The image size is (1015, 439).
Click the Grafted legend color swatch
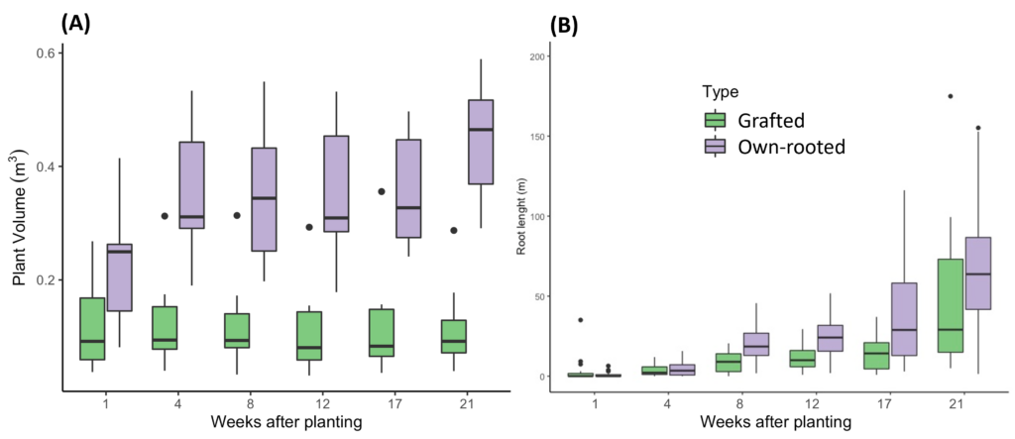[714, 121]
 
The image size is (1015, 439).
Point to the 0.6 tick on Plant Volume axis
[44, 53]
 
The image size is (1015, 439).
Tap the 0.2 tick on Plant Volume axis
[44, 280]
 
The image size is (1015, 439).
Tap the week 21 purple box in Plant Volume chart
[480, 142]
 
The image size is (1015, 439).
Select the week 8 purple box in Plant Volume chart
[264, 199]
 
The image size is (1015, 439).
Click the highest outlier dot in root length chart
[950, 96]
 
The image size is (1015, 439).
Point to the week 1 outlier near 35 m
[580, 320]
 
